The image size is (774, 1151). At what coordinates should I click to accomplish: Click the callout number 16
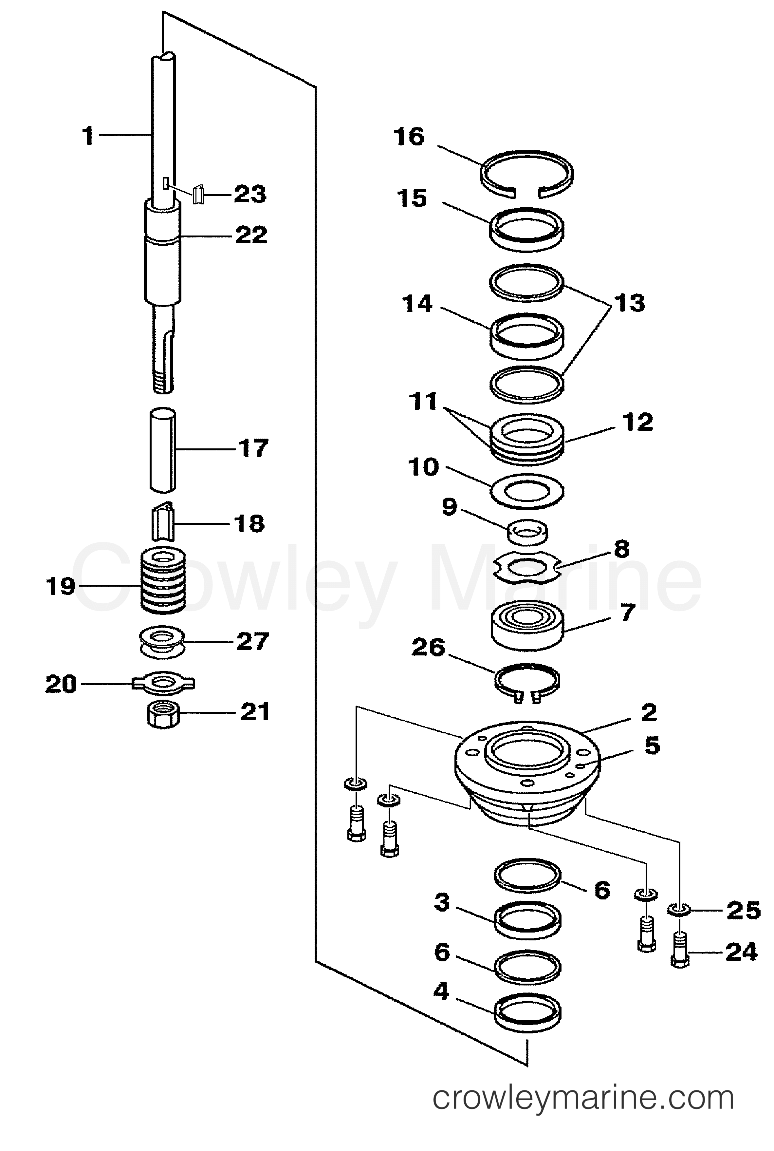(x=409, y=137)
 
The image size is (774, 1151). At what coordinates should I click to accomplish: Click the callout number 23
(x=250, y=194)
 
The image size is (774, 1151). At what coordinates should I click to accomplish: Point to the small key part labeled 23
(x=198, y=194)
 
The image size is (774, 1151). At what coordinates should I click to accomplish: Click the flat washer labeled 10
(x=527, y=491)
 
